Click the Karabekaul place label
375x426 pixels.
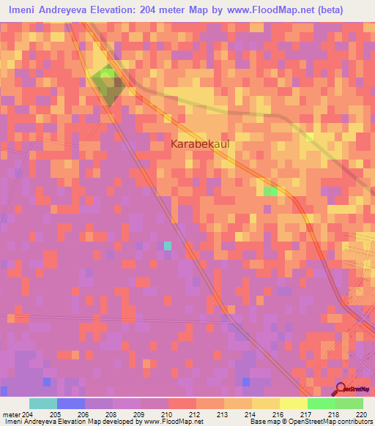(199, 144)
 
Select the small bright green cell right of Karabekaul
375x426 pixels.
(270, 191)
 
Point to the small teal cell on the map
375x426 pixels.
(168, 245)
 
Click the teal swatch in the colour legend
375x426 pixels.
(43, 403)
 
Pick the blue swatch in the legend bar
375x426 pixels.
(71, 403)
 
